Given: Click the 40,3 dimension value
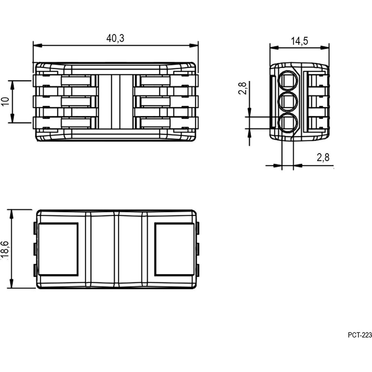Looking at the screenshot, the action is [115, 38].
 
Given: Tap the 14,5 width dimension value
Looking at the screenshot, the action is [299, 41].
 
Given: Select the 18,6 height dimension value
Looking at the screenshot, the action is [5, 249].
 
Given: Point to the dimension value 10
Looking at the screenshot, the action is [5, 101].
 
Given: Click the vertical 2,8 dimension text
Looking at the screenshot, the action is [242, 88].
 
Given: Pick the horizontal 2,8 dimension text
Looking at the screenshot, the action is [323, 157].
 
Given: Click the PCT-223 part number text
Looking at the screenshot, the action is [360, 335].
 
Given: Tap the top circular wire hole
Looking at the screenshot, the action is [288, 81].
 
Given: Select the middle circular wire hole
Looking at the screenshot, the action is [288, 102].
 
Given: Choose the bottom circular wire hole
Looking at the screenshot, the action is [288, 123].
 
